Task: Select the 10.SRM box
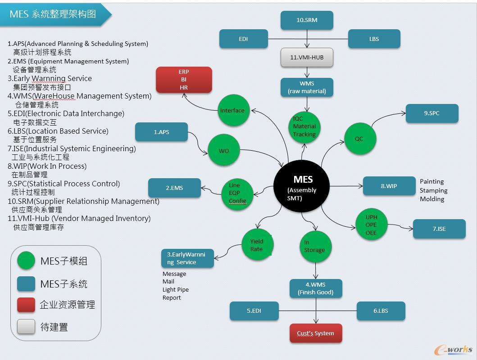307,20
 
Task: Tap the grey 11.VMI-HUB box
307,58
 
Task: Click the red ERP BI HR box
184,80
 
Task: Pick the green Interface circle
233,111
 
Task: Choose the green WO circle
224,151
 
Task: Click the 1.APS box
161,132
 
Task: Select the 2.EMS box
174,188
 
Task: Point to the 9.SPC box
432,113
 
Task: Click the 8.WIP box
389,186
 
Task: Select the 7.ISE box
439,229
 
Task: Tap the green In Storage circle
315,247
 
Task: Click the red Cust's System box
315,333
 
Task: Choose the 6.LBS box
381,311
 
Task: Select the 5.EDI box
254,311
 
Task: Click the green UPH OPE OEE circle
371,225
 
